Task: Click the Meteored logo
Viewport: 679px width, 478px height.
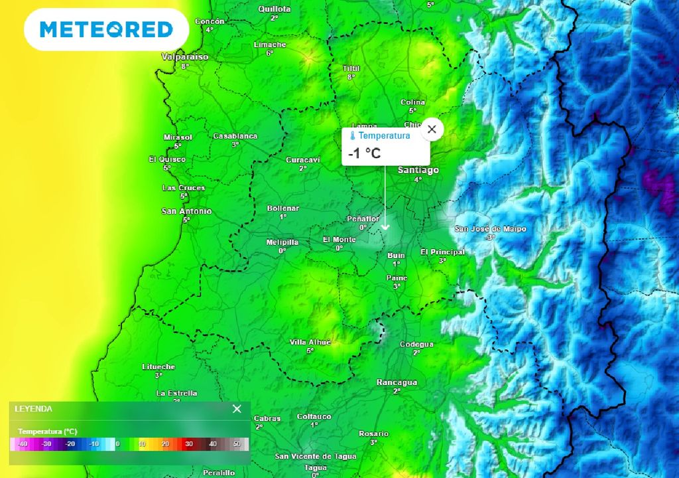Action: pos(106,29)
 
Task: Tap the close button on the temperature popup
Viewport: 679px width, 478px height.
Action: pos(432,129)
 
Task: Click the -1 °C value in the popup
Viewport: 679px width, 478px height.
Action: pos(365,153)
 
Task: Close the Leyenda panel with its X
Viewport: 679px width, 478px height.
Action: pos(237,409)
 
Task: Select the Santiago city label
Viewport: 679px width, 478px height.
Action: pos(418,171)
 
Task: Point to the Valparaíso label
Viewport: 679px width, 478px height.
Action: pos(185,57)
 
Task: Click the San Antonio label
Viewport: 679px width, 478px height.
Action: pos(186,211)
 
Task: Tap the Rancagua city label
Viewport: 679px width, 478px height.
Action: pos(397,382)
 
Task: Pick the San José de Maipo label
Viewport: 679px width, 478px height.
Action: pos(490,229)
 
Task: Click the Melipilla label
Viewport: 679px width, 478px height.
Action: pos(282,242)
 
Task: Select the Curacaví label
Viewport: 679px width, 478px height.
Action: pos(302,160)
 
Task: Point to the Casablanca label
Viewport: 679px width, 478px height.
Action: pos(235,136)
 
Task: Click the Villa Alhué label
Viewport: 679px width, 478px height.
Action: pos(310,342)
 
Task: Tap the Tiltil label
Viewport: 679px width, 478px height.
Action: pos(351,68)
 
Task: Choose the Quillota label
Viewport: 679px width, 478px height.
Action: pos(274,9)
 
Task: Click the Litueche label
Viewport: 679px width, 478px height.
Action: pos(158,366)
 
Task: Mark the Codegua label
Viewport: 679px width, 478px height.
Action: pos(416,344)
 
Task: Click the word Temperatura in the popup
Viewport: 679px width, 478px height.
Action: pos(384,135)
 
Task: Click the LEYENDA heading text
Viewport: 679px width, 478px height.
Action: pos(33,409)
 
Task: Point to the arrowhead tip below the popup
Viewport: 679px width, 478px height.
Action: pos(385,229)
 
